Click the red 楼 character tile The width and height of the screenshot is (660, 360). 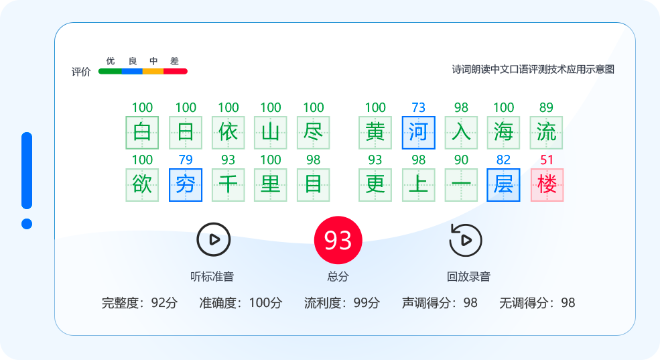pos(547,185)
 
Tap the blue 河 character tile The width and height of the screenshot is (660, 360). pos(418,132)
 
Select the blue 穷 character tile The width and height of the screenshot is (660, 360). pos(186,185)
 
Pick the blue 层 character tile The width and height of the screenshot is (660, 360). pos(503,185)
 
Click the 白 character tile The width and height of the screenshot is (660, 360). pos(142,132)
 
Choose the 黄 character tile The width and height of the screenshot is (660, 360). pos(375,132)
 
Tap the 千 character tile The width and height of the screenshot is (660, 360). pos(228,185)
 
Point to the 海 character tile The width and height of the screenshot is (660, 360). pos(503,132)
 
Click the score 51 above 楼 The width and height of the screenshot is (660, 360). pos(547,160)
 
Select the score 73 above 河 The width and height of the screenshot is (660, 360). pos(418,107)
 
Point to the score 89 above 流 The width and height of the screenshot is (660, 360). pos(546,107)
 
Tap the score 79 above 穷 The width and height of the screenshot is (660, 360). pos(186,160)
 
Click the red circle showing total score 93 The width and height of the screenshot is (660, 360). pos(338,240)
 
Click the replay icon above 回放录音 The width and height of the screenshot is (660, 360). pos(466,240)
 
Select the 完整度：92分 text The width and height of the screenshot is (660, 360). pos(139,303)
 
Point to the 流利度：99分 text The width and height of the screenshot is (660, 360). pos(342,303)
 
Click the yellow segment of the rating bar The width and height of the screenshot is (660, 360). pos(153,71)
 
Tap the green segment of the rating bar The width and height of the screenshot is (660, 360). pos(111,71)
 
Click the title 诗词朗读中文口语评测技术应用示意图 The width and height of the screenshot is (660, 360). pos(533,69)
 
